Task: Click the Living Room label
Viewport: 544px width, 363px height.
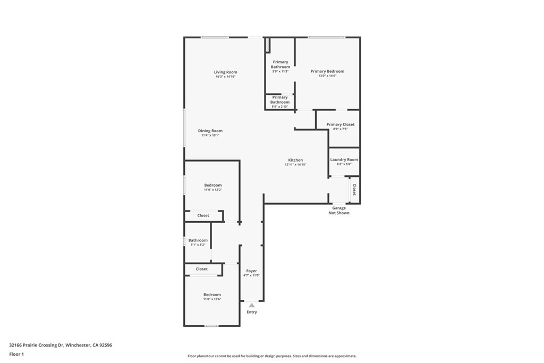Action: pos(225,72)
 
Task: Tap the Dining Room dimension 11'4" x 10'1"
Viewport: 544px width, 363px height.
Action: pos(210,136)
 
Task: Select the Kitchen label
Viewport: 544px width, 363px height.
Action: pos(295,160)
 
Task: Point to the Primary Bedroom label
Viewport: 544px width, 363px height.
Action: pos(327,71)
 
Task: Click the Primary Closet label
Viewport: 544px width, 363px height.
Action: pos(340,124)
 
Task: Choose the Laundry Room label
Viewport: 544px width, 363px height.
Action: pos(344,159)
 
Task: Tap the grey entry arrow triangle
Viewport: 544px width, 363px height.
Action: pos(252,305)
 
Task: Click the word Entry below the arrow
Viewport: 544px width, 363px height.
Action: pos(252,312)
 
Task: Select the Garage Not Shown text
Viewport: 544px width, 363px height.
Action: pos(339,210)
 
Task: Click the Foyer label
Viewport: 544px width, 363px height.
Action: pos(251,271)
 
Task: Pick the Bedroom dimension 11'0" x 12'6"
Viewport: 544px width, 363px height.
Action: pos(212,299)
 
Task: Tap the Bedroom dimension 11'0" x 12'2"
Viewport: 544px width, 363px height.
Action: pos(213,190)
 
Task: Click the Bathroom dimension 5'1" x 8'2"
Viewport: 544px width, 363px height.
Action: pos(198,245)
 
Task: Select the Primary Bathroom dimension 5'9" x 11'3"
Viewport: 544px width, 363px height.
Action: pos(280,72)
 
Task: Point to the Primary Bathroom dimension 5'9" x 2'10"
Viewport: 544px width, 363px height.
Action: pos(280,107)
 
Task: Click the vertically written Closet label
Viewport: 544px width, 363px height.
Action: pos(354,190)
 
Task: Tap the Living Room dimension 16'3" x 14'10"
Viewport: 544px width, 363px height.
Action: pos(225,77)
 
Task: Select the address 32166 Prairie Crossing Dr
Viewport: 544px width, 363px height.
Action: pos(36,345)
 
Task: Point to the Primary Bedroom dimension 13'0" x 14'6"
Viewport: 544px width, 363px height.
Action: pos(327,76)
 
